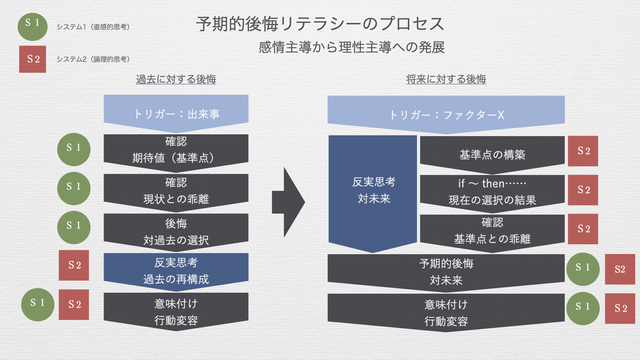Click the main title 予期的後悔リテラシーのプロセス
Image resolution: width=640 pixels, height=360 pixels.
[x=320, y=24]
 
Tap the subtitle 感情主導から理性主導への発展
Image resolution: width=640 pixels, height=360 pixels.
[x=352, y=47]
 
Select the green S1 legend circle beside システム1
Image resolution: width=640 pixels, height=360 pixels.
[x=32, y=27]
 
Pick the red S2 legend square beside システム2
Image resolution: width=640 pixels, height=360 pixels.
[x=32, y=59]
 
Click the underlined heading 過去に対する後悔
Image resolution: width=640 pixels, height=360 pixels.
[x=176, y=79]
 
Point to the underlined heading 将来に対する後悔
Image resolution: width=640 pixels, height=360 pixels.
[x=446, y=79]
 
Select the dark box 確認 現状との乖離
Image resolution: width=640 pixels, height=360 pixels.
[x=176, y=191]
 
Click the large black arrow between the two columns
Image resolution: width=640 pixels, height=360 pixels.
[x=288, y=202]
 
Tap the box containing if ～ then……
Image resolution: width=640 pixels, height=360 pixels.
[x=492, y=191]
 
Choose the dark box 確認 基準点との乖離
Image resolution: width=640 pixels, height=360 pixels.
[x=492, y=231]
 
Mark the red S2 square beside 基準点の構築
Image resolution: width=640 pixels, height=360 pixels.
[x=583, y=151]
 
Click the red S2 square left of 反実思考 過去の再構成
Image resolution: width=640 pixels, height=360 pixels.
[x=74, y=265]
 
